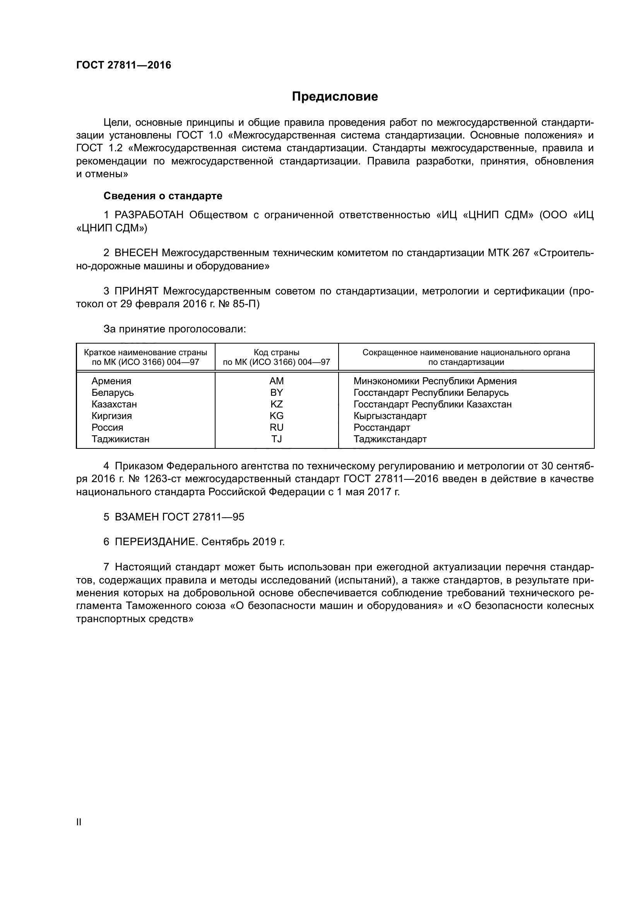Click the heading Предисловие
tap(335, 97)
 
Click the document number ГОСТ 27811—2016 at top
tap(124, 65)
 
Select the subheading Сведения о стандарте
tap(163, 196)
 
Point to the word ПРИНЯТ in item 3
tap(136, 291)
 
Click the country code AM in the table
tap(276, 381)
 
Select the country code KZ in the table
tap(276, 404)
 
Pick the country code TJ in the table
tap(276, 439)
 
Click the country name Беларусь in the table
tap(113, 393)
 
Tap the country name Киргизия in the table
tap(111, 416)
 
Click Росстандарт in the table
tap(382, 428)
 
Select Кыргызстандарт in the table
tap(390, 416)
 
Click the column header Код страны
tap(276, 353)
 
